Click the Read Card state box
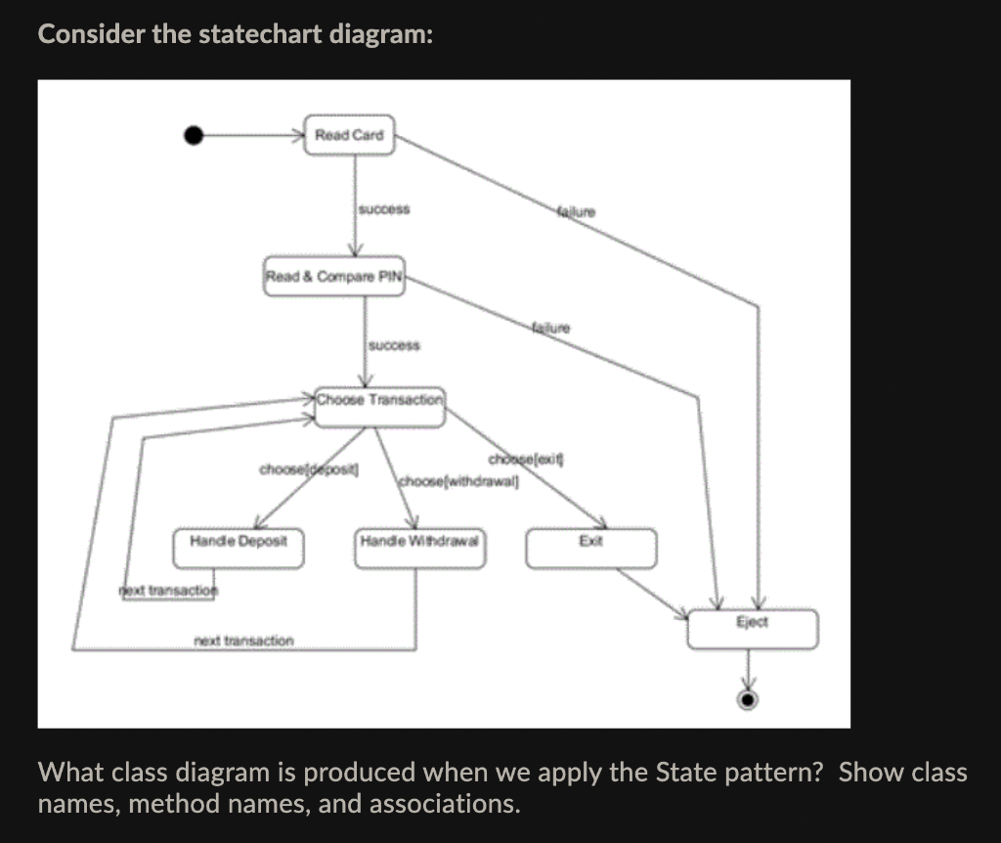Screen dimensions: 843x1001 pyautogui.click(x=350, y=135)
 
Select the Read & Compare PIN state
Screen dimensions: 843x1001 pyautogui.click(x=334, y=276)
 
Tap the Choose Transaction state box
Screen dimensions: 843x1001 pyautogui.click(x=380, y=407)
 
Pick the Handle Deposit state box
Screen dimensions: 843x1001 pyautogui.click(x=239, y=549)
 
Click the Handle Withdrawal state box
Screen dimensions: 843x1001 pyautogui.click(x=422, y=549)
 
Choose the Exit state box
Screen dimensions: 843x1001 pyautogui.click(x=590, y=549)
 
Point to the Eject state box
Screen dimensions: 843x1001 pyautogui.click(x=752, y=629)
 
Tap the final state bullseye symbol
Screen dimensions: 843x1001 pyautogui.click(x=749, y=698)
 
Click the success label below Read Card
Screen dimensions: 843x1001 pyautogui.click(x=384, y=209)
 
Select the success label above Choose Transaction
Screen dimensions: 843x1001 pyautogui.click(x=394, y=345)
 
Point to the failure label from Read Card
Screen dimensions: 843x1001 pyautogui.click(x=576, y=210)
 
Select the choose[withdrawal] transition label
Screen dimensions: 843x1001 pyautogui.click(x=458, y=481)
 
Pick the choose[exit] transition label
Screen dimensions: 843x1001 pyautogui.click(x=527, y=459)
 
